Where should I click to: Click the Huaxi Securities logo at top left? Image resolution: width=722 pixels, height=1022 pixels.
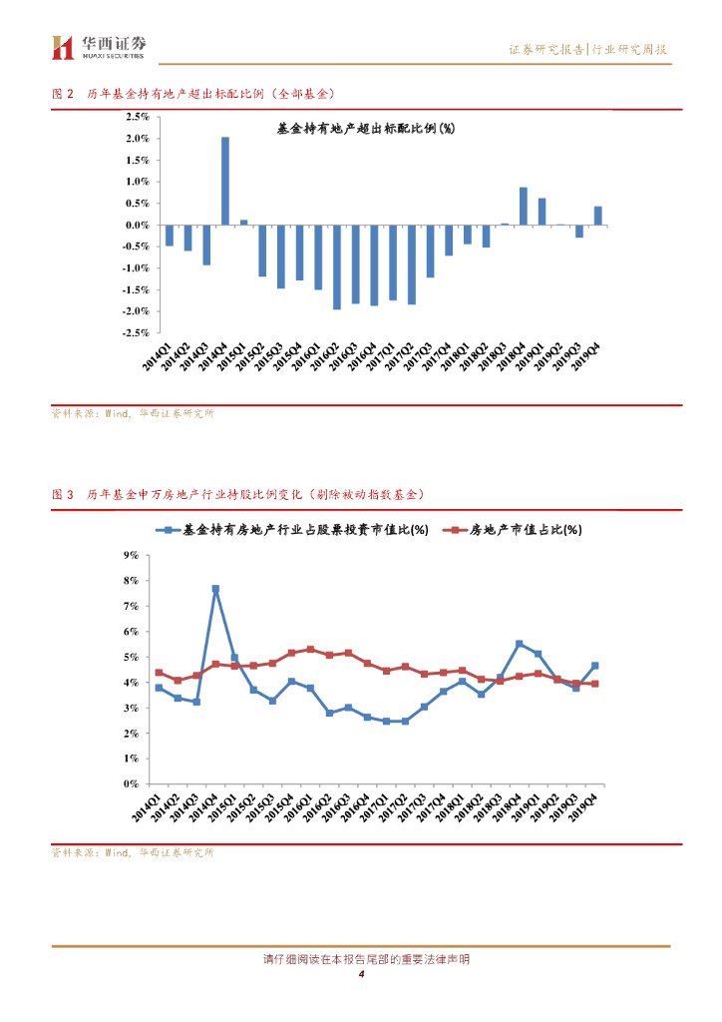(99, 46)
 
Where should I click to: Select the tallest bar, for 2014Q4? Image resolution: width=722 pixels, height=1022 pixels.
(225, 181)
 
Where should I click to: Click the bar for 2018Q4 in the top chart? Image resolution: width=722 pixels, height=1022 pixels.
(523, 206)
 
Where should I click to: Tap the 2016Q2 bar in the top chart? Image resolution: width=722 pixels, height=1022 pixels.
(337, 266)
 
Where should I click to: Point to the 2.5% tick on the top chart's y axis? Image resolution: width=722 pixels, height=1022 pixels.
(137, 117)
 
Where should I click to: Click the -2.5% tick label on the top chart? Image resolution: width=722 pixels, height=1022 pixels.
(135, 333)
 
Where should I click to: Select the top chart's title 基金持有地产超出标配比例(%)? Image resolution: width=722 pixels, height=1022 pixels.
(365, 129)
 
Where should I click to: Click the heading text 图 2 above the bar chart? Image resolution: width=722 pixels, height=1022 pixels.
(63, 94)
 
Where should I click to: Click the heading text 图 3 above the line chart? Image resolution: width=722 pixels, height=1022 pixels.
(63, 494)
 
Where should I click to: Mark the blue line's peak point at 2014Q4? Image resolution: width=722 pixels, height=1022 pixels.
(215, 589)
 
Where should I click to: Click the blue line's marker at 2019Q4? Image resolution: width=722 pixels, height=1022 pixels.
(594, 666)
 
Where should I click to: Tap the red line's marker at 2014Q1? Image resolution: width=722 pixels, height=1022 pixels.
(159, 673)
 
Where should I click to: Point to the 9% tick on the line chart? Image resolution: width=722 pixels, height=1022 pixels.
(130, 555)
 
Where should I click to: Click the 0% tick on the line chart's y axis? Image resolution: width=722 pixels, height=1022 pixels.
(130, 784)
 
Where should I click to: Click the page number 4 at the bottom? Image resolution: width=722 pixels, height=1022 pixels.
(361, 974)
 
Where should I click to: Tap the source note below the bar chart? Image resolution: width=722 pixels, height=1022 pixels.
(133, 414)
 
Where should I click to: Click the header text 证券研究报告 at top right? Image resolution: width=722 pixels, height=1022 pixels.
(546, 50)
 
